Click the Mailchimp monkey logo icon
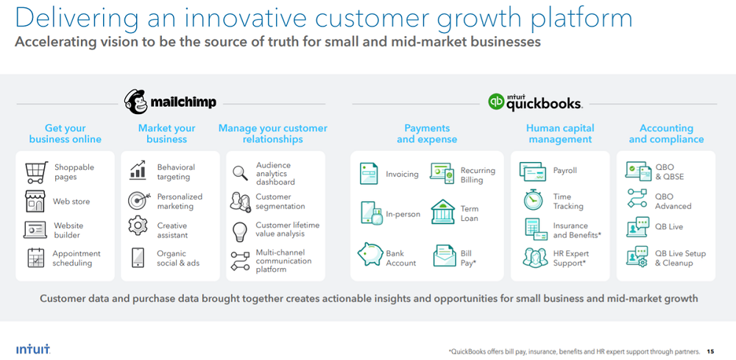point(136,102)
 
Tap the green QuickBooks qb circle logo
point(496,102)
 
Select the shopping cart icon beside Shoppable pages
point(37,172)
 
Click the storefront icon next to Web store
point(35,202)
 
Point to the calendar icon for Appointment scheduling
point(35,258)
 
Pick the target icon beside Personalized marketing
point(139,200)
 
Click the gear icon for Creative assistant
point(138,225)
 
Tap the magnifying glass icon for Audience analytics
point(241,173)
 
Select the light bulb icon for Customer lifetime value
point(240,231)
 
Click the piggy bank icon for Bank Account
point(370,255)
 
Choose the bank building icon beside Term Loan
point(442,212)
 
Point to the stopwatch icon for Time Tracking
point(533,200)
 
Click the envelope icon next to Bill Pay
point(444,255)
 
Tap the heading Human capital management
point(560,134)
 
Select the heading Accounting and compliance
point(666,134)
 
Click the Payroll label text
point(565,170)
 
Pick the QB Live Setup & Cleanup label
point(680,258)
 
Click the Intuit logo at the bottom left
point(33,350)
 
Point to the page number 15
point(710,351)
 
